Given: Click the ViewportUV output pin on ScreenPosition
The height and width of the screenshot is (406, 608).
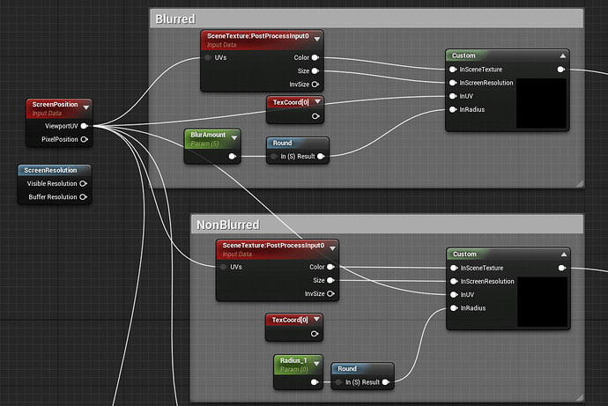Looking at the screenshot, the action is coord(84,126).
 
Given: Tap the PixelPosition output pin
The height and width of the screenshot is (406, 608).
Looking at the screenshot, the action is coord(84,139).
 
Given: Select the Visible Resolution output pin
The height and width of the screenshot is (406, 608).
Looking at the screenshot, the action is coord(83,184).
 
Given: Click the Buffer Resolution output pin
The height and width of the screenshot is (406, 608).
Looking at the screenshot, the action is coord(83,196).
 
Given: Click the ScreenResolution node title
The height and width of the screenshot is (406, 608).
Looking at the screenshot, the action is coord(50,170).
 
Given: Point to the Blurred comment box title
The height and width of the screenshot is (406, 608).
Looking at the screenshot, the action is coord(175,19).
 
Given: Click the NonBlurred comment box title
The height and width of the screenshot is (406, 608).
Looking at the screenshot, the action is coord(228,225).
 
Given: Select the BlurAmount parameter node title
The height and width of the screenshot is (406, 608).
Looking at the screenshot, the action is coord(208,135).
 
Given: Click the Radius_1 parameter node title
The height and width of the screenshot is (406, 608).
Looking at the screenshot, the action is coord(293,360).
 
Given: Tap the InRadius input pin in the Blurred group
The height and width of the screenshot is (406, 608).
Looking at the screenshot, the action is coord(453,109).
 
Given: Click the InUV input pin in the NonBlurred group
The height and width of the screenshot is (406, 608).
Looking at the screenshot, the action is coord(454,295).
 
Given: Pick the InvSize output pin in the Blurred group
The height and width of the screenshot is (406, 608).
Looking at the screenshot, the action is coord(315,85).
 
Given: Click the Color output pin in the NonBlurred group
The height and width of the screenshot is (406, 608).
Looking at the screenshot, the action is coord(330,267).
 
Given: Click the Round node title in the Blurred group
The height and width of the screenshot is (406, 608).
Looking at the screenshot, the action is coord(282,143).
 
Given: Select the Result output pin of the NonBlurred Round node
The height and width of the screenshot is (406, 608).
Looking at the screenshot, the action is coord(385,382).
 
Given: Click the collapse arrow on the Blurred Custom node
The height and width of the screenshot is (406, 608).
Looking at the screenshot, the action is coord(563,55).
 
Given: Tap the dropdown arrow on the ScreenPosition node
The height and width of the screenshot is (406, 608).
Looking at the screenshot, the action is coord(86,107).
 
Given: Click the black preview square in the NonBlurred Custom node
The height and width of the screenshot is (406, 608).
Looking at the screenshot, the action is coord(543,302).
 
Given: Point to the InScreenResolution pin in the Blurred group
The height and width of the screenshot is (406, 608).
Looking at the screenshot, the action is coord(453,83).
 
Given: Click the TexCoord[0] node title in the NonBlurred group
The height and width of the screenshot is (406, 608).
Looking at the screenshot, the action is coord(290,320).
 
